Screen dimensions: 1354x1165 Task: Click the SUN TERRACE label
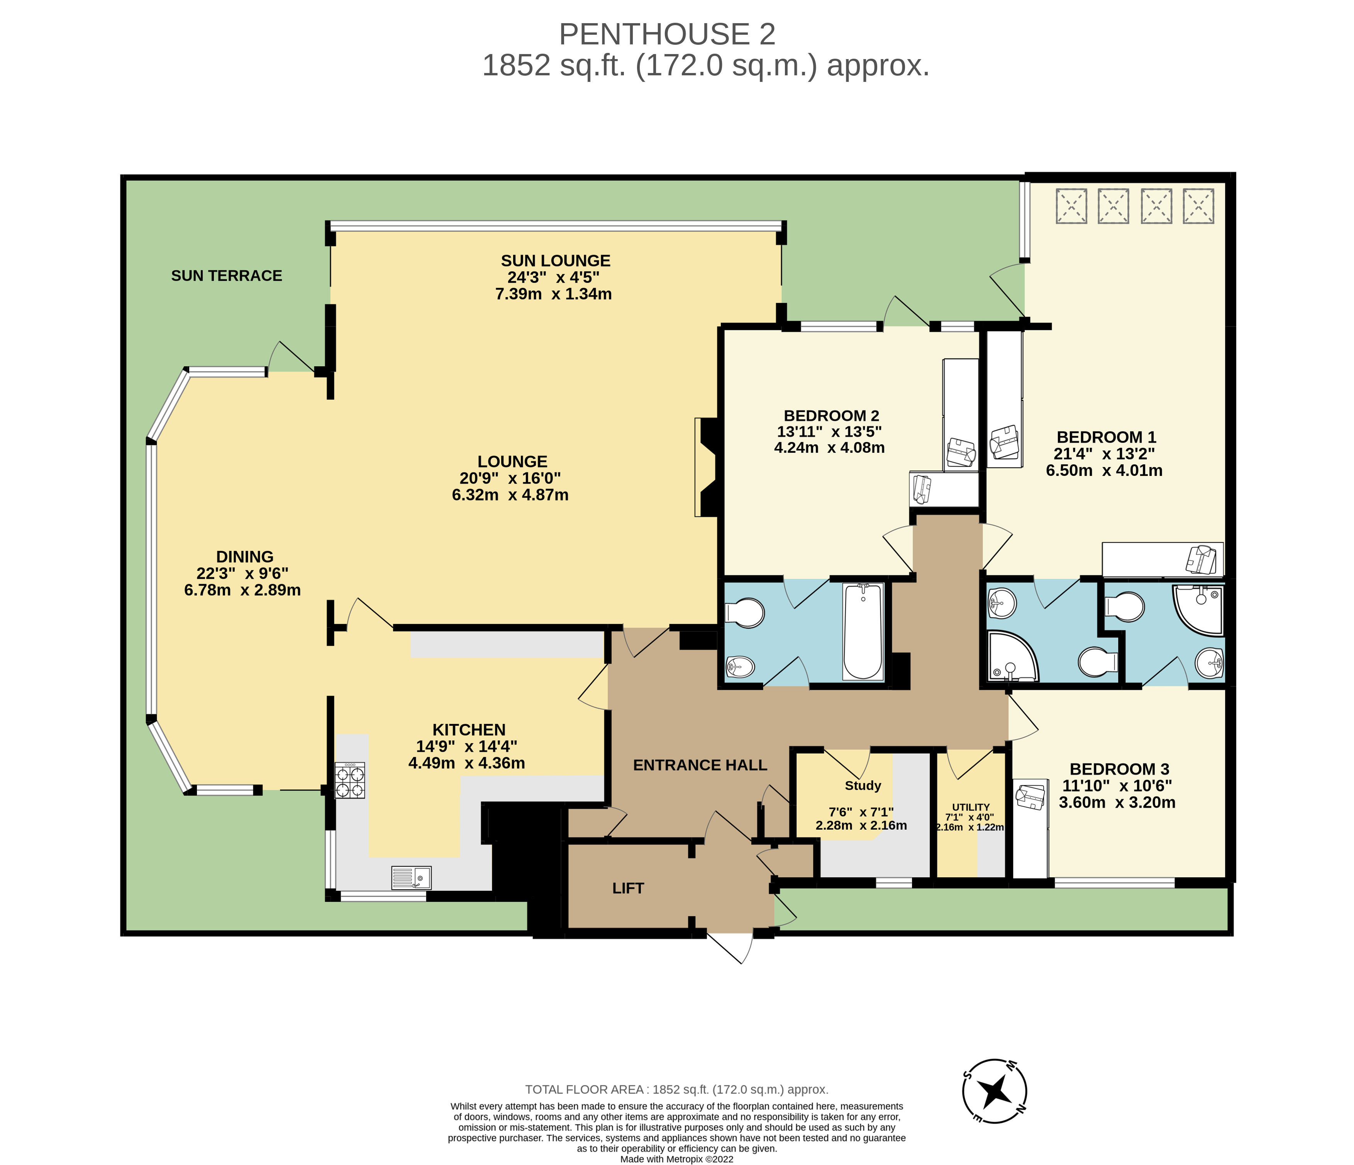227,276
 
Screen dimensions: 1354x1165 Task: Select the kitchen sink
412,878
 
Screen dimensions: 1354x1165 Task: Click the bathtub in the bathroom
863,632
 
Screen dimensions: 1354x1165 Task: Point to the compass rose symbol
995,1091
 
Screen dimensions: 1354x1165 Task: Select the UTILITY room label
971,807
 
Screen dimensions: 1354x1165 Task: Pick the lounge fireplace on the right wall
707,467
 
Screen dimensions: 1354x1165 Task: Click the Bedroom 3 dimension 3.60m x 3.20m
1117,802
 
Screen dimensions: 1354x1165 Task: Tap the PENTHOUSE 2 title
667,34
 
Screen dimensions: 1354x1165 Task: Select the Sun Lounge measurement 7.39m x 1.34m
554,294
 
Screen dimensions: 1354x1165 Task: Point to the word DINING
245,557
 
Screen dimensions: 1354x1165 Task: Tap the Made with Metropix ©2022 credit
677,1159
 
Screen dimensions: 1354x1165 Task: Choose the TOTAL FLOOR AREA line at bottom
677,1090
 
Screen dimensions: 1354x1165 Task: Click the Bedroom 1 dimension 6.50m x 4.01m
1104,471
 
